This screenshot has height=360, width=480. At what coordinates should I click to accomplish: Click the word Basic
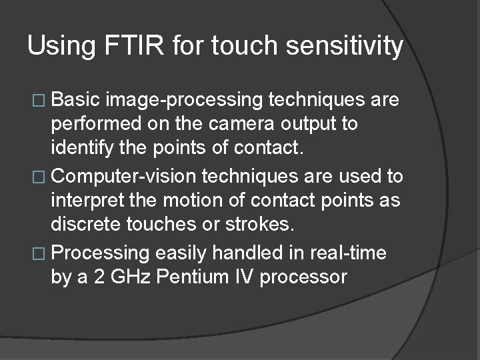[75, 100]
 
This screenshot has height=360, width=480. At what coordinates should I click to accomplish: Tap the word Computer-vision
[125, 177]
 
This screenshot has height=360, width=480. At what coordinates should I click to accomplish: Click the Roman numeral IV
[245, 276]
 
